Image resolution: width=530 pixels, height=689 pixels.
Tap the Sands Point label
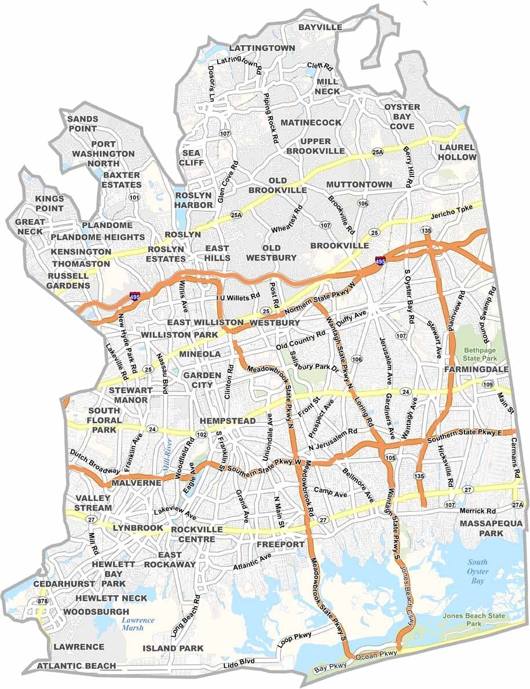coord(83,123)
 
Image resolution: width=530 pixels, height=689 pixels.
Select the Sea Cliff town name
coord(193,157)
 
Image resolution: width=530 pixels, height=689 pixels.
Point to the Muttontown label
coord(359,184)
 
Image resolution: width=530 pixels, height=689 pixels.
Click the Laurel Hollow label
coord(457,152)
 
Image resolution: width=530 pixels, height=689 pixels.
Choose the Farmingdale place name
coord(477,369)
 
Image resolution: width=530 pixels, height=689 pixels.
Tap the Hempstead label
coord(228,421)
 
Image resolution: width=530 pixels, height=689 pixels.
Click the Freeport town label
coord(280,544)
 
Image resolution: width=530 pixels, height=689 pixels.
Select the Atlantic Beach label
coord(76,666)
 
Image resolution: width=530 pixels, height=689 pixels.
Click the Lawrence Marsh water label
coord(138,624)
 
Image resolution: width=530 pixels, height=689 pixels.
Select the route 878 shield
coord(42,602)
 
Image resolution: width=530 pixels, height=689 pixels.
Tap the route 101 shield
coord(135,197)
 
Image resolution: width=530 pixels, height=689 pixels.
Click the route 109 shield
coord(488,385)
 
